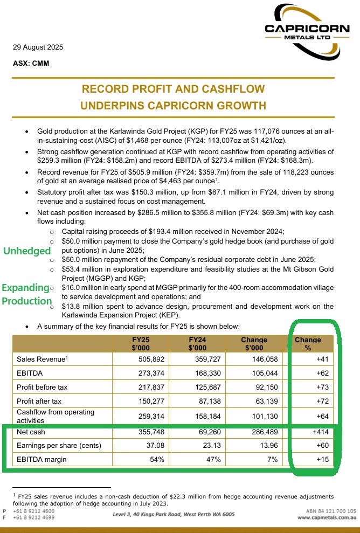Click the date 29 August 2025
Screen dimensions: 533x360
click(x=38, y=47)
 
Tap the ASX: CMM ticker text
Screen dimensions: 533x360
click(x=31, y=63)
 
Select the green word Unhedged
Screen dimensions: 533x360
click(x=27, y=251)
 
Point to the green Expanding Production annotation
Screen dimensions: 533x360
click(x=26, y=294)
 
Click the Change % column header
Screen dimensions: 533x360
click(x=308, y=343)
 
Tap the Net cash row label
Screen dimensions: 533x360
click(x=32, y=432)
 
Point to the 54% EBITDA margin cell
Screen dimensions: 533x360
click(x=155, y=460)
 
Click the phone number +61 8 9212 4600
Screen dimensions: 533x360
click(x=35, y=511)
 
